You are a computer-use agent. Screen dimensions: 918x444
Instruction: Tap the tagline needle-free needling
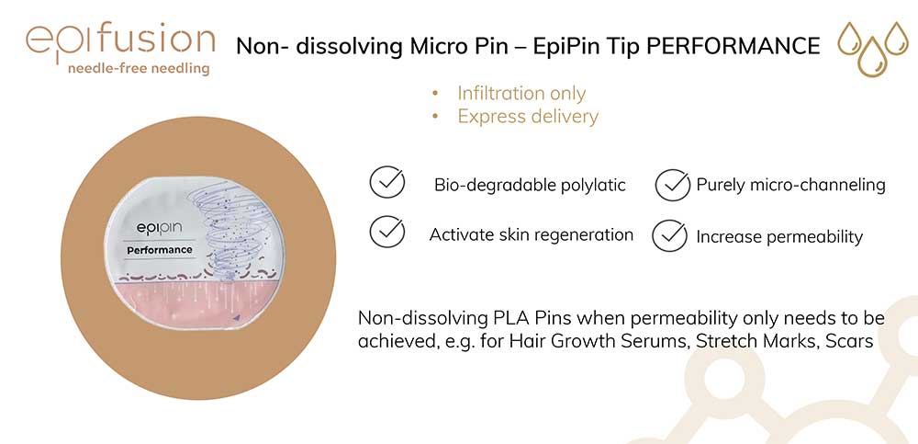click(139, 69)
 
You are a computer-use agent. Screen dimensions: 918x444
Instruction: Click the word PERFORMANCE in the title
click(733, 46)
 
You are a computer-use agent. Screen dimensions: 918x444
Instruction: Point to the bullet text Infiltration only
click(521, 93)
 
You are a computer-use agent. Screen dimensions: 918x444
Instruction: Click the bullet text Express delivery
click(528, 117)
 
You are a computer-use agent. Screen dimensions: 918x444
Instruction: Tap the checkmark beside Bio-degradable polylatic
click(387, 183)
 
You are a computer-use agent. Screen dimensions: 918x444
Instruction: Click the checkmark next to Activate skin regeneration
click(387, 233)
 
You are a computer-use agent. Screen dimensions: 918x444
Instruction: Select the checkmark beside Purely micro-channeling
click(673, 185)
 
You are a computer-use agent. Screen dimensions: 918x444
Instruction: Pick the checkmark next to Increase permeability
click(670, 235)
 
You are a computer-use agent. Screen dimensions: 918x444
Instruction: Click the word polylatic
click(591, 186)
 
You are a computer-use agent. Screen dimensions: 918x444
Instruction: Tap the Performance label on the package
click(159, 250)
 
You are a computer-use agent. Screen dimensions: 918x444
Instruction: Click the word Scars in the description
click(849, 342)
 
